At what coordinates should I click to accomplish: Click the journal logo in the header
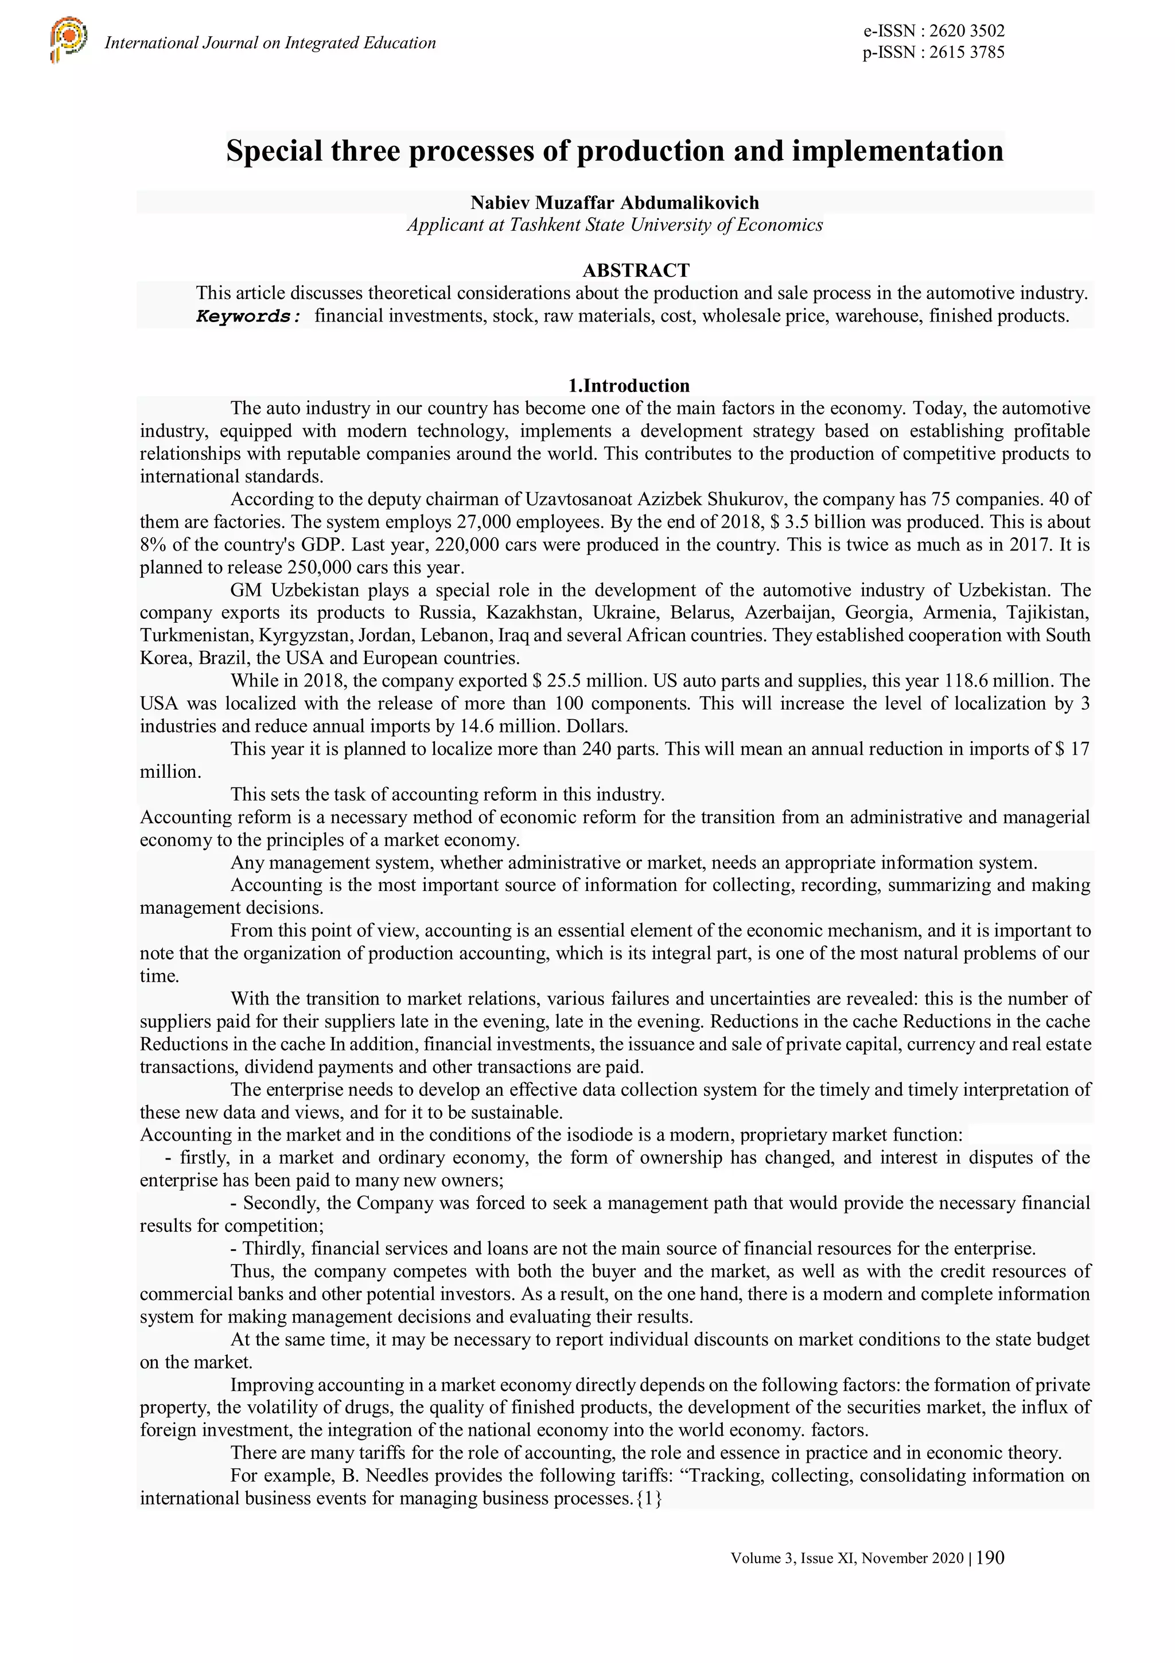pos(69,40)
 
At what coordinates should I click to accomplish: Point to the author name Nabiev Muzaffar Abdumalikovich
pos(614,202)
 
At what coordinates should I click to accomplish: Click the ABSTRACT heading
pos(636,270)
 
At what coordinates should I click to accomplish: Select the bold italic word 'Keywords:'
pos(248,316)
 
